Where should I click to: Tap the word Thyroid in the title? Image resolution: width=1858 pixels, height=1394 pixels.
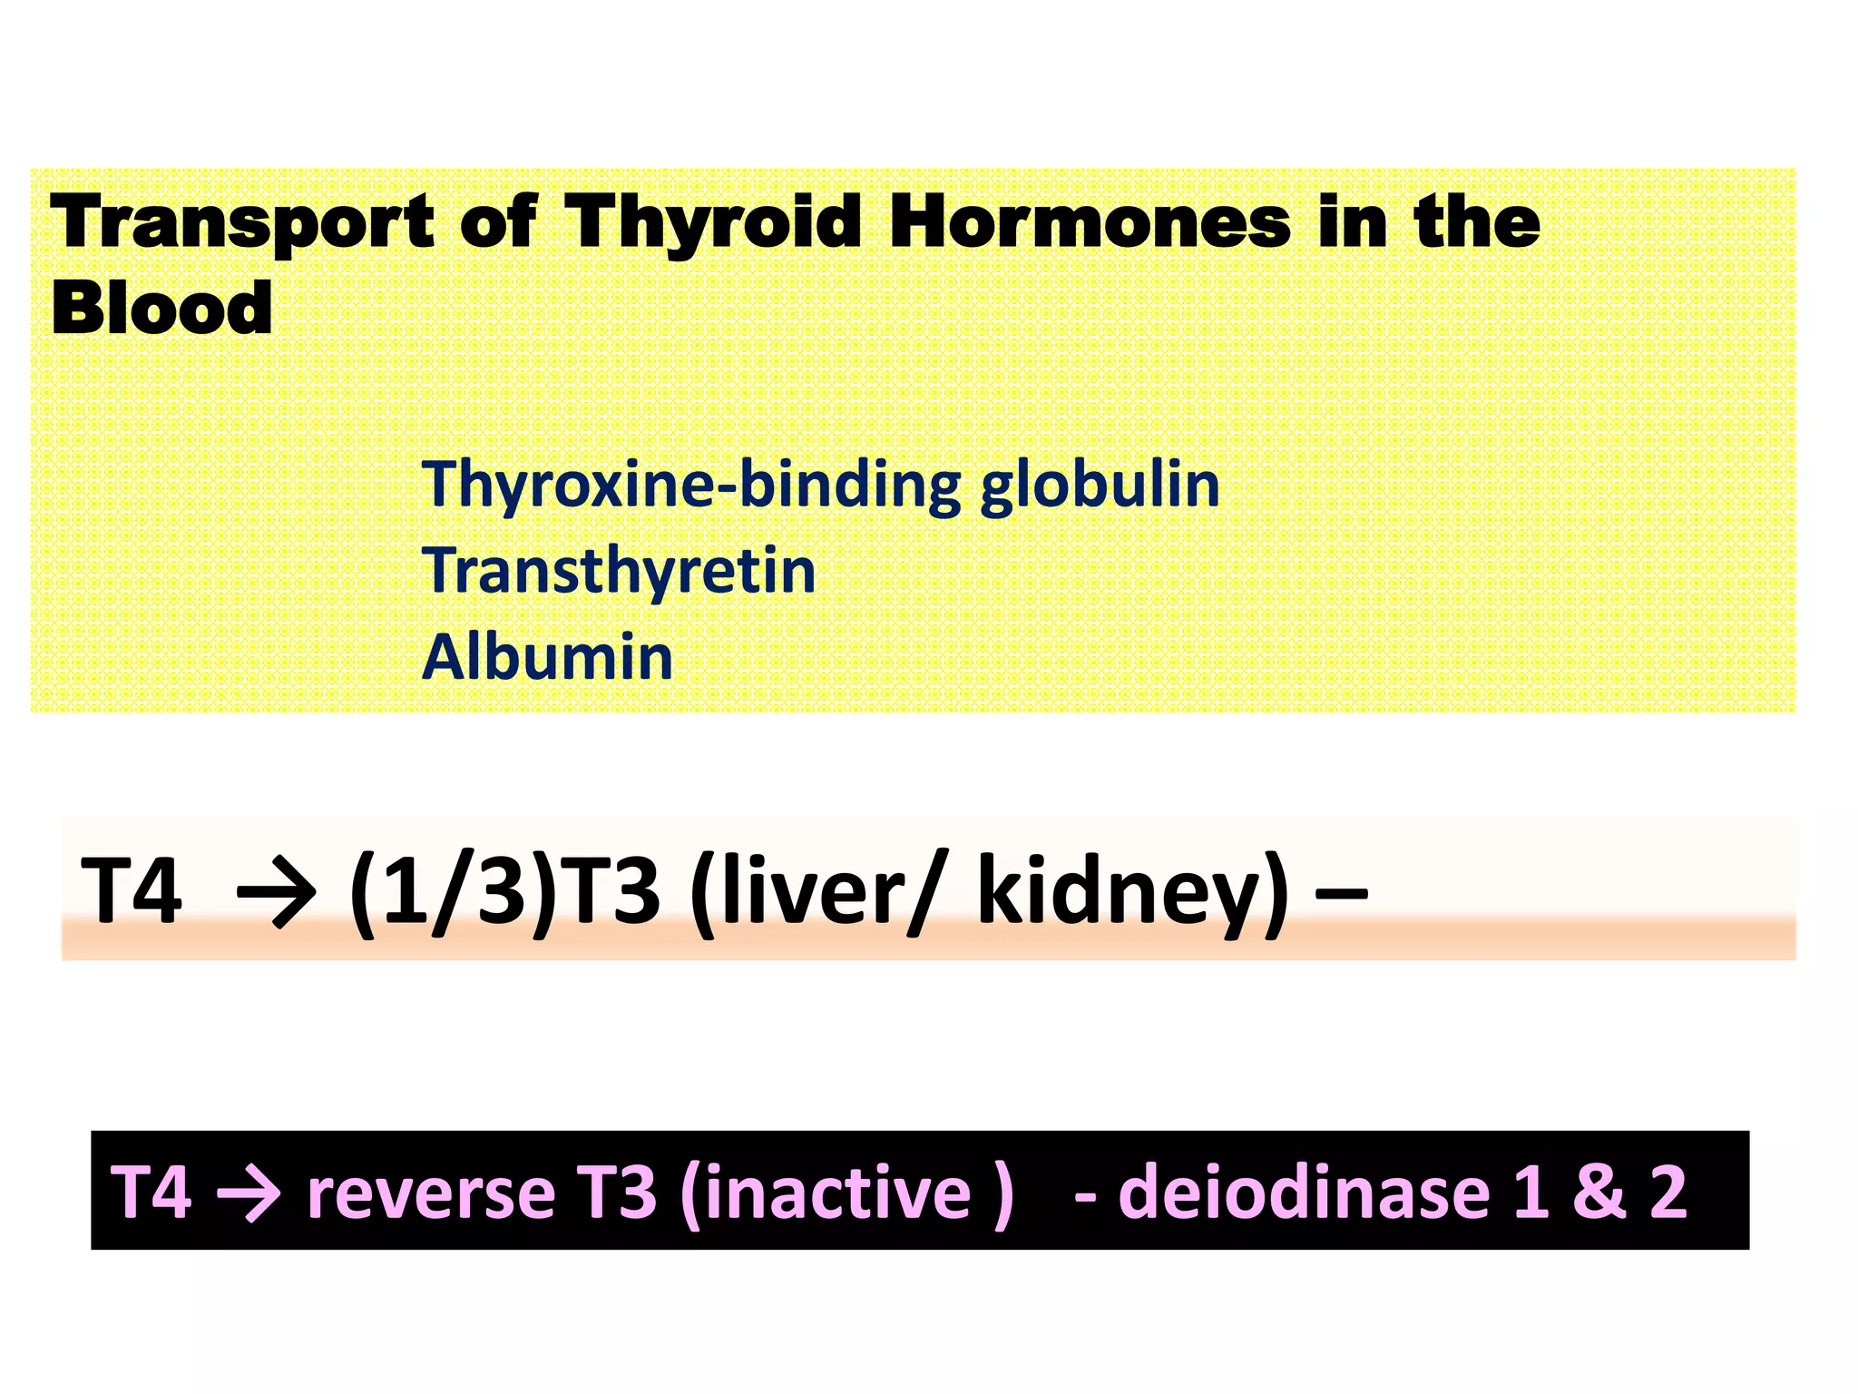click(712, 222)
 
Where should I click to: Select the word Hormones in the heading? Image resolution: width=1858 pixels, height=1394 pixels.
click(1089, 222)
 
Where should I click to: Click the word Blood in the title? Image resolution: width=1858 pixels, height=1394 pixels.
click(161, 309)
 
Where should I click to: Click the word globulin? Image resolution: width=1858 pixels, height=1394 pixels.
click(1100, 485)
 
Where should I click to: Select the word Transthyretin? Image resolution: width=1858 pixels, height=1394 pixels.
click(620, 571)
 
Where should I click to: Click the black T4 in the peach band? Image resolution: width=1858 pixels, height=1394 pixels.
click(132, 891)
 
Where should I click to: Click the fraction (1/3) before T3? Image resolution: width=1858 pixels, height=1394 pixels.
click(452, 891)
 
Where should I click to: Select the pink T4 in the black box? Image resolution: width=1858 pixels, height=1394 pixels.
click(151, 1192)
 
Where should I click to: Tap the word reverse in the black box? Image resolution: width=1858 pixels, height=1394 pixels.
click(431, 1192)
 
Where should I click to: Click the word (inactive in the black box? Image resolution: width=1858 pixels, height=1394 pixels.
click(826, 1192)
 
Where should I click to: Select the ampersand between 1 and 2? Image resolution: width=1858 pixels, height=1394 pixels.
click(1599, 1192)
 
